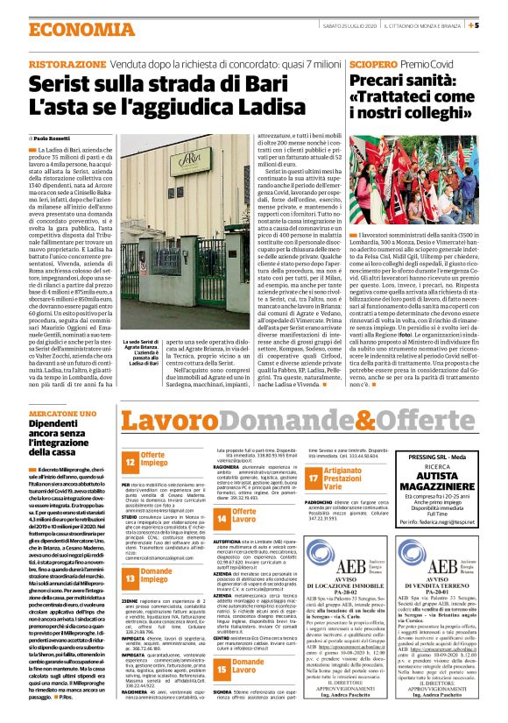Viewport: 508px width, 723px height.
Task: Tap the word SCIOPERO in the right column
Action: (x=374, y=65)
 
